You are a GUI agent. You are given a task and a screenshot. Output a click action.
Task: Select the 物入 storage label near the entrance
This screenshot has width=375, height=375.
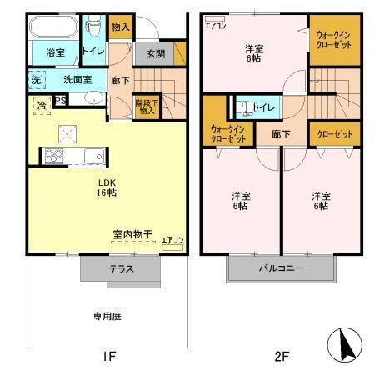click(120, 27)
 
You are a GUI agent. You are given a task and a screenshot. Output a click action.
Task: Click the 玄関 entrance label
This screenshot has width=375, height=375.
click(156, 54)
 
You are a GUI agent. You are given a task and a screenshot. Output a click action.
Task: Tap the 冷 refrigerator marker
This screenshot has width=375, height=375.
click(41, 105)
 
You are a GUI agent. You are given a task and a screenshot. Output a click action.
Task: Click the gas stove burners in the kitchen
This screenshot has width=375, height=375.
click(52, 155)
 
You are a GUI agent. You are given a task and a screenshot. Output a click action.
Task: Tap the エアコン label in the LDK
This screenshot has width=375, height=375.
click(172, 240)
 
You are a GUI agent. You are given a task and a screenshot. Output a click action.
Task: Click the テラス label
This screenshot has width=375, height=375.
click(120, 269)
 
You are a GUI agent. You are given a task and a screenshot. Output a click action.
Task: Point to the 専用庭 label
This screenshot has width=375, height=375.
click(107, 316)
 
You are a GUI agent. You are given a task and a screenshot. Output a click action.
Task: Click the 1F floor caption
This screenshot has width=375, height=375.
click(108, 357)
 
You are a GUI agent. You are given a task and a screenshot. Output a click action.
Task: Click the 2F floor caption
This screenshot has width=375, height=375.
click(281, 357)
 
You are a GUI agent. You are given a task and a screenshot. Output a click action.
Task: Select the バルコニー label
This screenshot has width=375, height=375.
click(280, 268)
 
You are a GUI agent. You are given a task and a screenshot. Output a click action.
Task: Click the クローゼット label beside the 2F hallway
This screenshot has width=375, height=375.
click(334, 133)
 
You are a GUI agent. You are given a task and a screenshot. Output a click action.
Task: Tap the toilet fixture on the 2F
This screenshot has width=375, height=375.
click(244, 107)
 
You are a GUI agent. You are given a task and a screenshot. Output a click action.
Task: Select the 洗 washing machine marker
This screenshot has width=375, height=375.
click(36, 80)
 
